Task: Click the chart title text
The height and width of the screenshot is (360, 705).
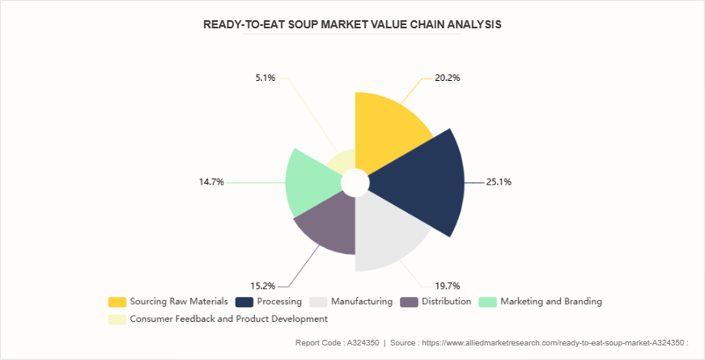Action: [352, 24]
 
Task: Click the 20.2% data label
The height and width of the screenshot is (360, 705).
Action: [447, 78]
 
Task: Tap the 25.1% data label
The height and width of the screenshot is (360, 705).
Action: [498, 182]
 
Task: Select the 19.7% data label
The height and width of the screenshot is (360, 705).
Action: [447, 285]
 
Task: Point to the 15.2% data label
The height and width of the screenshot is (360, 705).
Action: [264, 285]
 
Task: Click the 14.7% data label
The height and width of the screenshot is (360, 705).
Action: [211, 182]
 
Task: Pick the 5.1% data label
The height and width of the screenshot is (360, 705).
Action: [264, 78]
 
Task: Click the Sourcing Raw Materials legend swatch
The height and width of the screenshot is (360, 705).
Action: [117, 302]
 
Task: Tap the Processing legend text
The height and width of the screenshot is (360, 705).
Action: [279, 302]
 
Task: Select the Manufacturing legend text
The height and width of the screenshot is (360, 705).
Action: [362, 302]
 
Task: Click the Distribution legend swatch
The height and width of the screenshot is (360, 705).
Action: [410, 302]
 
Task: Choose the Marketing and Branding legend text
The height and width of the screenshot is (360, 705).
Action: [550, 302]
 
